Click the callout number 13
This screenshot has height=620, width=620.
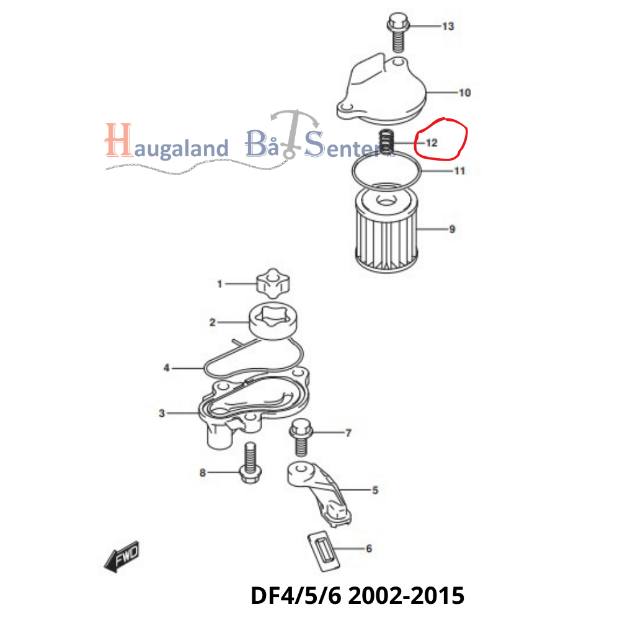click(448, 26)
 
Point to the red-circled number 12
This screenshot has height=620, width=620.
click(432, 143)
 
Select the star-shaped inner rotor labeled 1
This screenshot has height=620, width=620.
click(273, 283)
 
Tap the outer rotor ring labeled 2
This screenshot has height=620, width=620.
click(273, 321)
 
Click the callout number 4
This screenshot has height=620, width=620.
click(166, 368)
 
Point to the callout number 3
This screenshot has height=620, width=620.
click(162, 413)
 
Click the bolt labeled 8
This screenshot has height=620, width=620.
click(250, 463)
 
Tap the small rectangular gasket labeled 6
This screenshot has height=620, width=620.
click(324, 551)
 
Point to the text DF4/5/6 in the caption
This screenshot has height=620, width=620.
click(295, 596)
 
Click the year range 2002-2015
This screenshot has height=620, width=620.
click(406, 596)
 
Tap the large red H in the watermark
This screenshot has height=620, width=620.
click(118, 139)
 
